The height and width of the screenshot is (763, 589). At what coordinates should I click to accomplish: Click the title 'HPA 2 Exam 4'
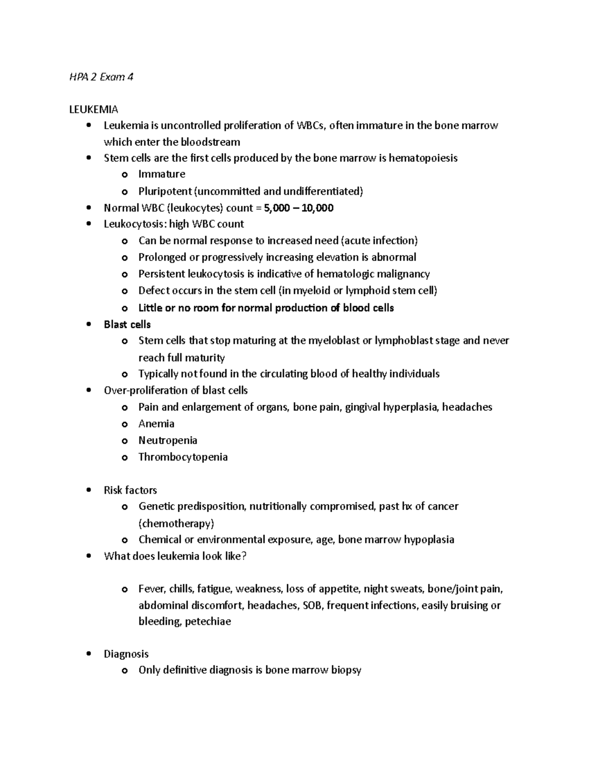(101, 77)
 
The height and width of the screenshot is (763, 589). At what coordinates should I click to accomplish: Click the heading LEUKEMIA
(93, 109)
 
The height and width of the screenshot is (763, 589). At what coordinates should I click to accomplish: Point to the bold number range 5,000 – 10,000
(298, 208)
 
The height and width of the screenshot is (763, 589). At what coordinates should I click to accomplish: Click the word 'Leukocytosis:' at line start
(135, 224)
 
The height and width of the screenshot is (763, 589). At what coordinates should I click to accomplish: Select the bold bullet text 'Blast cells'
(127, 324)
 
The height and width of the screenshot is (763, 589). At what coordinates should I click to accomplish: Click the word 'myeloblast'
(333, 340)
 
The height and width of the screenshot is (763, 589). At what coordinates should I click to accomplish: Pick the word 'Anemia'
(156, 424)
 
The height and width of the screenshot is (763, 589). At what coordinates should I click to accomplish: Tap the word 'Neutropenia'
(167, 440)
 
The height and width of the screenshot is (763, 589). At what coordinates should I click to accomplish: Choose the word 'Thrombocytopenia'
(183, 457)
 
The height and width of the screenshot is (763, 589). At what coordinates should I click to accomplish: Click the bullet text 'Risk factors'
(130, 490)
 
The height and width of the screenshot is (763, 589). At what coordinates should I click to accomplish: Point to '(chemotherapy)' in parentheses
(176, 523)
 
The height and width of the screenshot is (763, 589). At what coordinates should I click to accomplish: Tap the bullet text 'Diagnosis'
(126, 654)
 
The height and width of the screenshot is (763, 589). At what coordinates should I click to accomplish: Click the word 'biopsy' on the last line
(346, 670)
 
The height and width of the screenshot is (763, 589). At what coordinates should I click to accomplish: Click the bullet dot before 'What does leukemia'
(88, 556)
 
